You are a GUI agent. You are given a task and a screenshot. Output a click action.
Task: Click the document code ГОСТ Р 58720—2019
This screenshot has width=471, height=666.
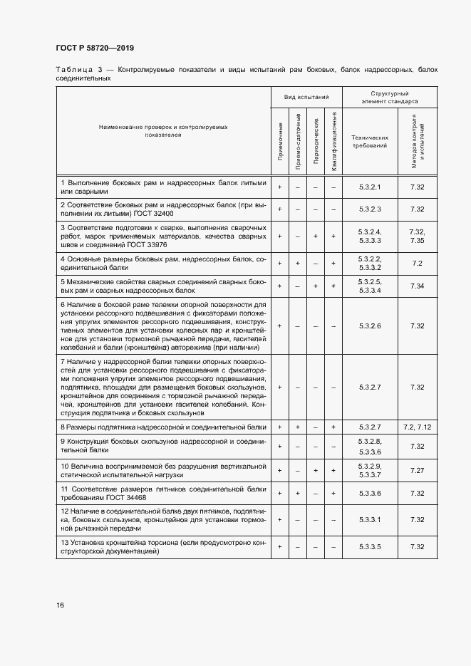point(95,48)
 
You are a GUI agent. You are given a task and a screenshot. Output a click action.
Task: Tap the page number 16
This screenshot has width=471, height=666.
point(61,605)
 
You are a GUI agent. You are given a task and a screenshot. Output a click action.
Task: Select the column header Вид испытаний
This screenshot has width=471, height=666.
point(306,97)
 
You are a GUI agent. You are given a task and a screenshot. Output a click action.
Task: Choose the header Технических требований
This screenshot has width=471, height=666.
point(370,140)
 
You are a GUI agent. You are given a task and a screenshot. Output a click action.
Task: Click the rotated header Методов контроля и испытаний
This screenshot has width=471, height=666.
point(418,140)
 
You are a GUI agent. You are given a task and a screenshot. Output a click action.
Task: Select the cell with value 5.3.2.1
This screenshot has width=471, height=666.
point(370,187)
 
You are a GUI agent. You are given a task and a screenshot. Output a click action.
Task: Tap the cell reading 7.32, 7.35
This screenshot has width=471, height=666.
point(418,236)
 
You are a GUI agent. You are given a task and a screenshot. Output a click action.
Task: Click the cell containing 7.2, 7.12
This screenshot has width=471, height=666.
point(418,427)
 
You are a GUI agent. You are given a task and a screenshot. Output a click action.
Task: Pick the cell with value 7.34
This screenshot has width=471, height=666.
point(418,286)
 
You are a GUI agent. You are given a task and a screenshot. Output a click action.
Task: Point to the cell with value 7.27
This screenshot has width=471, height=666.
point(418,471)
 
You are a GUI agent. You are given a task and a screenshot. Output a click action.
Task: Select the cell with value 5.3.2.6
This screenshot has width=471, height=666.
point(370,326)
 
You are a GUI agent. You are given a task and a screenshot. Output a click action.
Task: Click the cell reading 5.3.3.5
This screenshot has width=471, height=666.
point(370,546)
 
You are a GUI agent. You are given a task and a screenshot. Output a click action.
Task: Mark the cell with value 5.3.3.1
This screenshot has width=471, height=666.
point(370,519)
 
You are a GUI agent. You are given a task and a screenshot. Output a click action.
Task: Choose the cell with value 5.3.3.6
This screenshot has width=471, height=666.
point(370,493)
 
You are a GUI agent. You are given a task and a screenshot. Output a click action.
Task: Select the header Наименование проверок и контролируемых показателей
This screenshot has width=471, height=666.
point(163,130)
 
